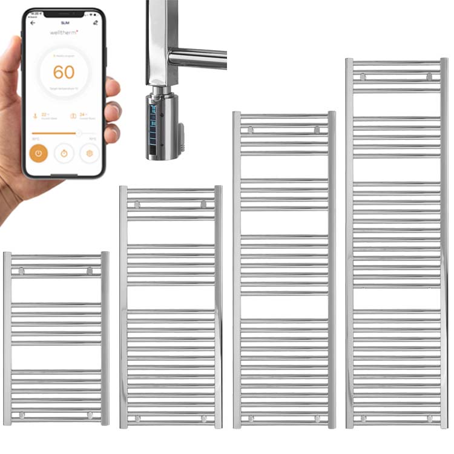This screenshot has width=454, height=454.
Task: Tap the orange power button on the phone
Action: pos(39,153)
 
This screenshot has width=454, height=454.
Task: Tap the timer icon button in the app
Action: pos(64,153)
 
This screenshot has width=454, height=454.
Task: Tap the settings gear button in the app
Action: pos(90,153)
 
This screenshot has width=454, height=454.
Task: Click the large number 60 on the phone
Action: pos(64,72)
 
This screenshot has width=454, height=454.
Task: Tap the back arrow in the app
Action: pos(33,23)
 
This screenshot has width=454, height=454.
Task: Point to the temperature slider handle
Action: pos(79,133)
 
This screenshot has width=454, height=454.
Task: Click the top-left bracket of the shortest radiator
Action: pos(22,271)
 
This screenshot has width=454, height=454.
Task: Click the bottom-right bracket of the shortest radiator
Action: pos(90,415)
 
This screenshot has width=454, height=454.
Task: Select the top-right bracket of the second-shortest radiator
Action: pos(204,204)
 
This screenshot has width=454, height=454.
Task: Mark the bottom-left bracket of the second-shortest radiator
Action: pos(137,418)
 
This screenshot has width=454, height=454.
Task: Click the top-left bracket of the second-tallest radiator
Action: pos(251,130)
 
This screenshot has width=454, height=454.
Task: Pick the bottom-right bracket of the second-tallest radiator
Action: pos(317,418)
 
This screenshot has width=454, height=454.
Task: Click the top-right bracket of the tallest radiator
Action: pos(429,76)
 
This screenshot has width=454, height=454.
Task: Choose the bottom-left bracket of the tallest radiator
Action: pos(363,418)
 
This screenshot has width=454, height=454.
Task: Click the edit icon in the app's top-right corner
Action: pos(96,23)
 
